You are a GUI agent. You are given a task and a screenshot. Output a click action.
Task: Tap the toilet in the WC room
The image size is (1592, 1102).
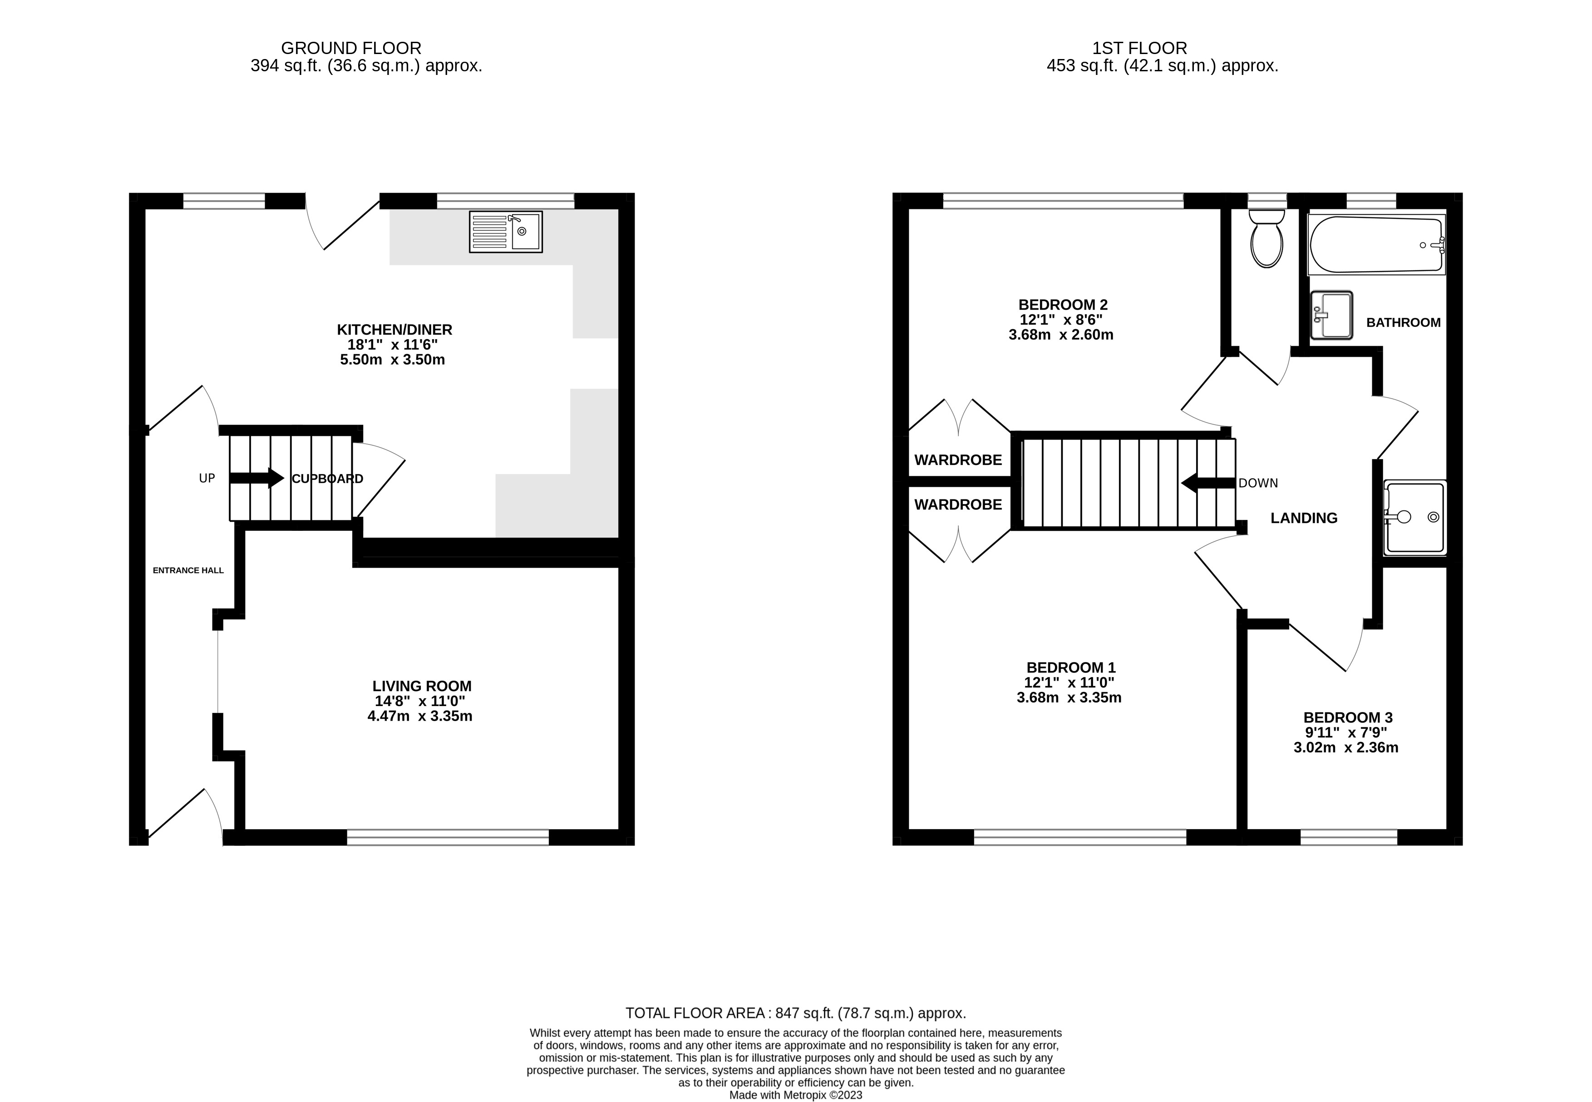coord(1267,239)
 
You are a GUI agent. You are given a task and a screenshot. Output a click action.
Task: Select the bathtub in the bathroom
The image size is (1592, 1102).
coord(1376,245)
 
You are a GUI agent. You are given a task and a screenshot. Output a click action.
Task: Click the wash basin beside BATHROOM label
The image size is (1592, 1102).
coord(1331,315)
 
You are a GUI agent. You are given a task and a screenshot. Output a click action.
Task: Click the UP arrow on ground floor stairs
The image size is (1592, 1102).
coord(256,478)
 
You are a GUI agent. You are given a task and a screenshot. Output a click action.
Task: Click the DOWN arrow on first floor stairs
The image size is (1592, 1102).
coord(1208,483)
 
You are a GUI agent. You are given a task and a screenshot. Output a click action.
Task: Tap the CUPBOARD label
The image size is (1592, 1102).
coord(327,479)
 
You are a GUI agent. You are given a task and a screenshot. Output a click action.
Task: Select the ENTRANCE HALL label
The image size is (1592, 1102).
coord(188,570)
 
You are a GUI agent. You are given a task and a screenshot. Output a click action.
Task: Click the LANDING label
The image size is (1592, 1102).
coord(1303,518)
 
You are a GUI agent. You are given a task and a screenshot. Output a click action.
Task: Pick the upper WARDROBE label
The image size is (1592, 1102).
coord(957,460)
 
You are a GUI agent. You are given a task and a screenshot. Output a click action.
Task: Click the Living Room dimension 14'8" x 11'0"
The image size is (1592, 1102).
coord(420,701)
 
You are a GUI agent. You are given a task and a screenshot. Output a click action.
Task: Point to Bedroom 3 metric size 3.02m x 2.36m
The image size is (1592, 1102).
coord(1346,747)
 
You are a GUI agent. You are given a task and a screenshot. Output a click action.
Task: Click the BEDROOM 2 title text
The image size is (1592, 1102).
coord(1063,305)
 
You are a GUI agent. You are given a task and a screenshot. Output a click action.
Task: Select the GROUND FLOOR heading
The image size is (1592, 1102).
coord(351,48)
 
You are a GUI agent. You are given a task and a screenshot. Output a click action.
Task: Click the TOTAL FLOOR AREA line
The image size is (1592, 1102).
coord(795,1013)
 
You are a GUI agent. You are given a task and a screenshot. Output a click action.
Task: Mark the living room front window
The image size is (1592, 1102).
coord(447,838)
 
